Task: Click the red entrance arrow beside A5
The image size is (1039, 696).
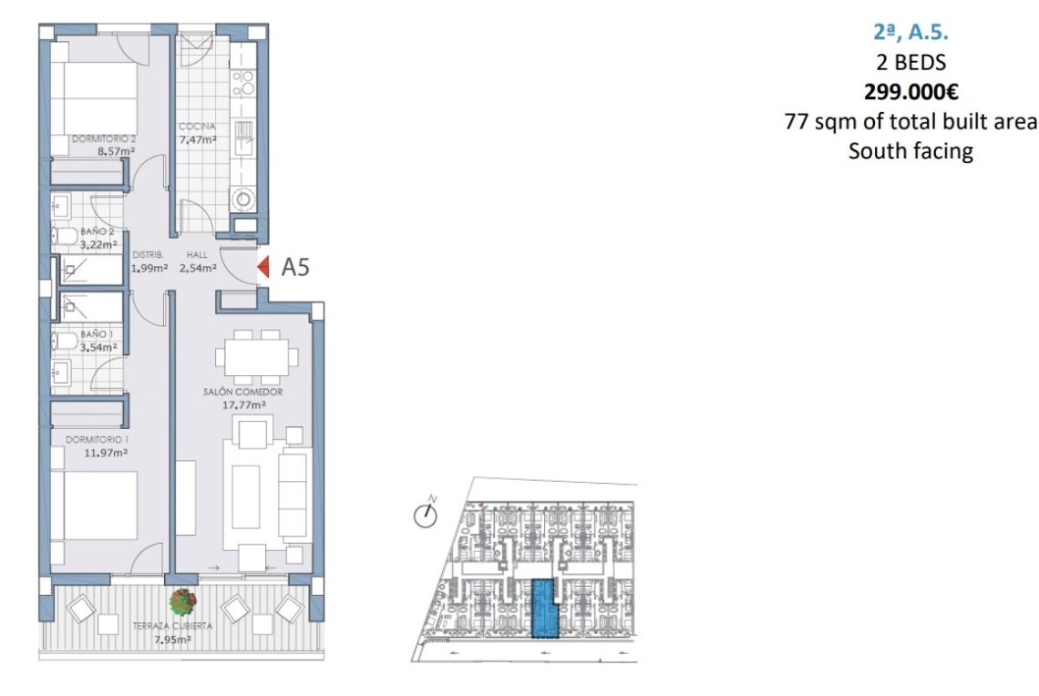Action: [263, 267]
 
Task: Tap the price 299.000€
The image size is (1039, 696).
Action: [911, 92]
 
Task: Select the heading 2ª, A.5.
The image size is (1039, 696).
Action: [911, 32]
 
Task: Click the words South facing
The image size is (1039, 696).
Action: [911, 151]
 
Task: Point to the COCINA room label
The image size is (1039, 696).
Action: [197, 126]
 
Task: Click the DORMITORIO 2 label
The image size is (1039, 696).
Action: [103, 139]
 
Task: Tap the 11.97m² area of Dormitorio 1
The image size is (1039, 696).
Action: [106, 453]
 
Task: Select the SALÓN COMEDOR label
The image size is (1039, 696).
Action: [242, 392]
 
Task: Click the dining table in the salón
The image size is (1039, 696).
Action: [256, 358]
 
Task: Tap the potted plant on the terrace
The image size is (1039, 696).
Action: [183, 601]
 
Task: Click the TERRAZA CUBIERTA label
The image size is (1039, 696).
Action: [172, 626]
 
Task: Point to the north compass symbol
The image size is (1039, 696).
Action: [426, 514]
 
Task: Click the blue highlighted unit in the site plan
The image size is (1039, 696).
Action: [545, 608]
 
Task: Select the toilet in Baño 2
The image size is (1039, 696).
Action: [65, 235]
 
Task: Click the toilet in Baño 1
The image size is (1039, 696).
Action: [65, 341]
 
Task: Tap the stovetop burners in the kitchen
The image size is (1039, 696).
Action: [242, 83]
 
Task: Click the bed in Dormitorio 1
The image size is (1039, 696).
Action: [94, 506]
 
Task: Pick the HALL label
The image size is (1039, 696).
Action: [197, 254]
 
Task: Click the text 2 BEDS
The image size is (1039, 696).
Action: [911, 62]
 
